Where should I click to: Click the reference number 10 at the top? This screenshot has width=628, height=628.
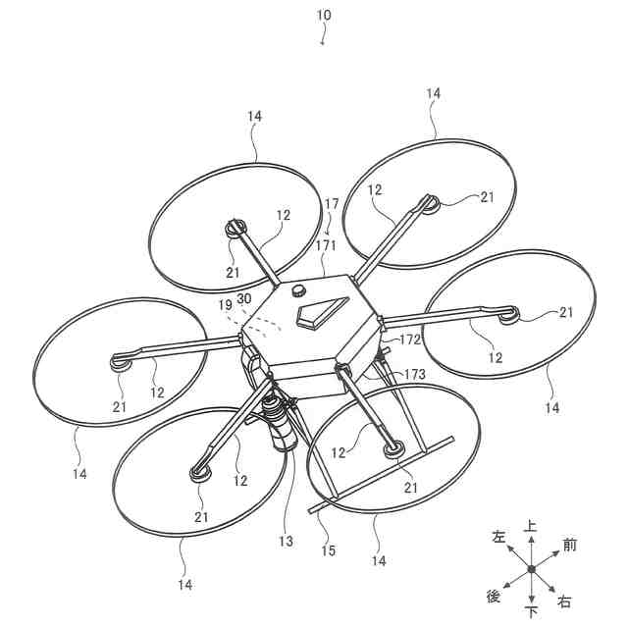pyautogui.click(x=324, y=15)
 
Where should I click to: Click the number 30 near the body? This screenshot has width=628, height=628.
pyautogui.click(x=245, y=298)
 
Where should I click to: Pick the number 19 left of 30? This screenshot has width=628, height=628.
pyautogui.click(x=226, y=305)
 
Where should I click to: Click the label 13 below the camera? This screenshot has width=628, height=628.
pyautogui.click(x=286, y=541)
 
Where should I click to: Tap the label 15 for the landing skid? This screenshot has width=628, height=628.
pyautogui.click(x=329, y=550)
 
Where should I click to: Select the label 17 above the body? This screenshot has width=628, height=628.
pyautogui.click(x=332, y=204)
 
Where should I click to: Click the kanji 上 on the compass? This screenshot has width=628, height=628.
pyautogui.click(x=531, y=526)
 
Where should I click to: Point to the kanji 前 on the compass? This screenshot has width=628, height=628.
pyautogui.click(x=569, y=544)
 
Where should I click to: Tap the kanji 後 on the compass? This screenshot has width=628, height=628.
pyautogui.click(x=494, y=596)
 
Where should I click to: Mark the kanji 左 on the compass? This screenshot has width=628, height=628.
pyautogui.click(x=498, y=537)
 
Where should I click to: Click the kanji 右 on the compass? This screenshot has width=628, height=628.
pyautogui.click(x=564, y=601)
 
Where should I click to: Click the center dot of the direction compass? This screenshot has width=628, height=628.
pyautogui.click(x=531, y=569)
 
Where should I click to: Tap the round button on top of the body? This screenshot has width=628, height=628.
pyautogui.click(x=298, y=290)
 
